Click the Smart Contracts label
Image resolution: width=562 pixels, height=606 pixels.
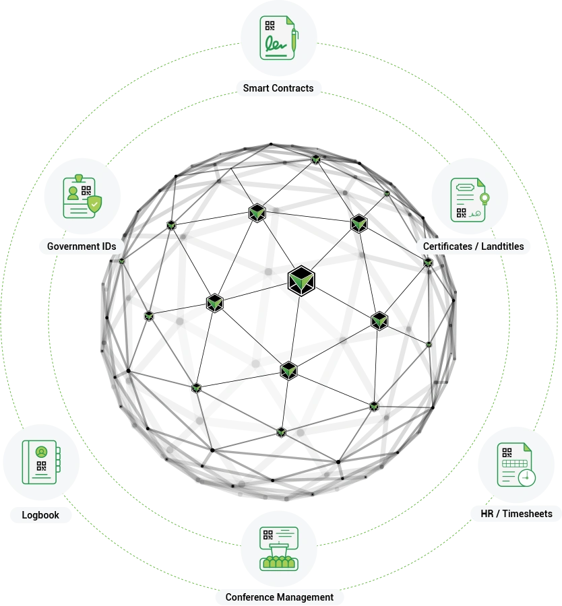(x=278, y=88)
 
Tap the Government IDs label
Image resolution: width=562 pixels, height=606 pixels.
(x=82, y=246)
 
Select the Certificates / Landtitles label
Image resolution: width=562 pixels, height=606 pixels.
(x=473, y=246)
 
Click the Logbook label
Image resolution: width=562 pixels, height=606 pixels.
(x=40, y=515)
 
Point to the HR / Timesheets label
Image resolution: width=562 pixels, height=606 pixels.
(x=516, y=514)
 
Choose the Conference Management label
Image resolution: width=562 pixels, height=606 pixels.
(x=279, y=597)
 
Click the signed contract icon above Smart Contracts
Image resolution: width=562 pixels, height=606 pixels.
(x=278, y=40)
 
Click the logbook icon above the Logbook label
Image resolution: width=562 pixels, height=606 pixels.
(x=41, y=462)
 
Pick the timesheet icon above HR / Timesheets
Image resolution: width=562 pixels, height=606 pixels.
(x=516, y=465)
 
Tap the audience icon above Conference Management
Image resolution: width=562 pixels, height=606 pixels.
(x=278, y=548)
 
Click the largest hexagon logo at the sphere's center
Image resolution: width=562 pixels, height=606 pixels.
(x=301, y=280)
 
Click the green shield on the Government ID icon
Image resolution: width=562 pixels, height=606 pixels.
(x=96, y=201)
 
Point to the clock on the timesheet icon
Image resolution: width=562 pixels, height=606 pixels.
(x=527, y=477)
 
